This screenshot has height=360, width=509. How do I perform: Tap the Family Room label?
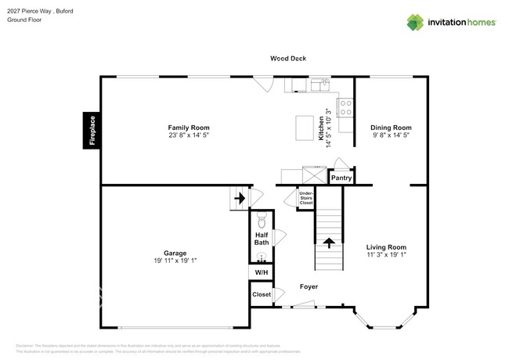click(x=189, y=128)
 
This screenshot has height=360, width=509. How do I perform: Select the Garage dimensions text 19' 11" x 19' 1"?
click(x=175, y=261)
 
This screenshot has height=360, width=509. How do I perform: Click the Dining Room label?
click(x=391, y=128)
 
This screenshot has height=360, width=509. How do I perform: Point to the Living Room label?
click(x=387, y=247)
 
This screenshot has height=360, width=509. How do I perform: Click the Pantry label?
click(x=341, y=178)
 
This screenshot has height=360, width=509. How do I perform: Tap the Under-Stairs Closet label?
click(x=305, y=198)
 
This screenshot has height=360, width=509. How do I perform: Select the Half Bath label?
click(x=262, y=238)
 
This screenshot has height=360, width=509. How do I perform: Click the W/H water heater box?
click(x=261, y=272)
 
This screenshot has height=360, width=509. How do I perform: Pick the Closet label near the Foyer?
click(x=261, y=295)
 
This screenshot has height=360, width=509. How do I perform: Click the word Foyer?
click(x=309, y=286)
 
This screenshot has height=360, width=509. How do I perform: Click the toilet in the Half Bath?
click(x=262, y=219)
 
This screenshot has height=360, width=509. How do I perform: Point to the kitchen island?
click(x=305, y=126)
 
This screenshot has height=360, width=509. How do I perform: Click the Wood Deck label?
click(x=287, y=59)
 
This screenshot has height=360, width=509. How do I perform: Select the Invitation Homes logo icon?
click(x=415, y=22)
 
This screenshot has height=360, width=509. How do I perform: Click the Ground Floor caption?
click(x=24, y=20)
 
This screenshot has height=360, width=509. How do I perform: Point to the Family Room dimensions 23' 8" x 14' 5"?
click(x=189, y=135)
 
